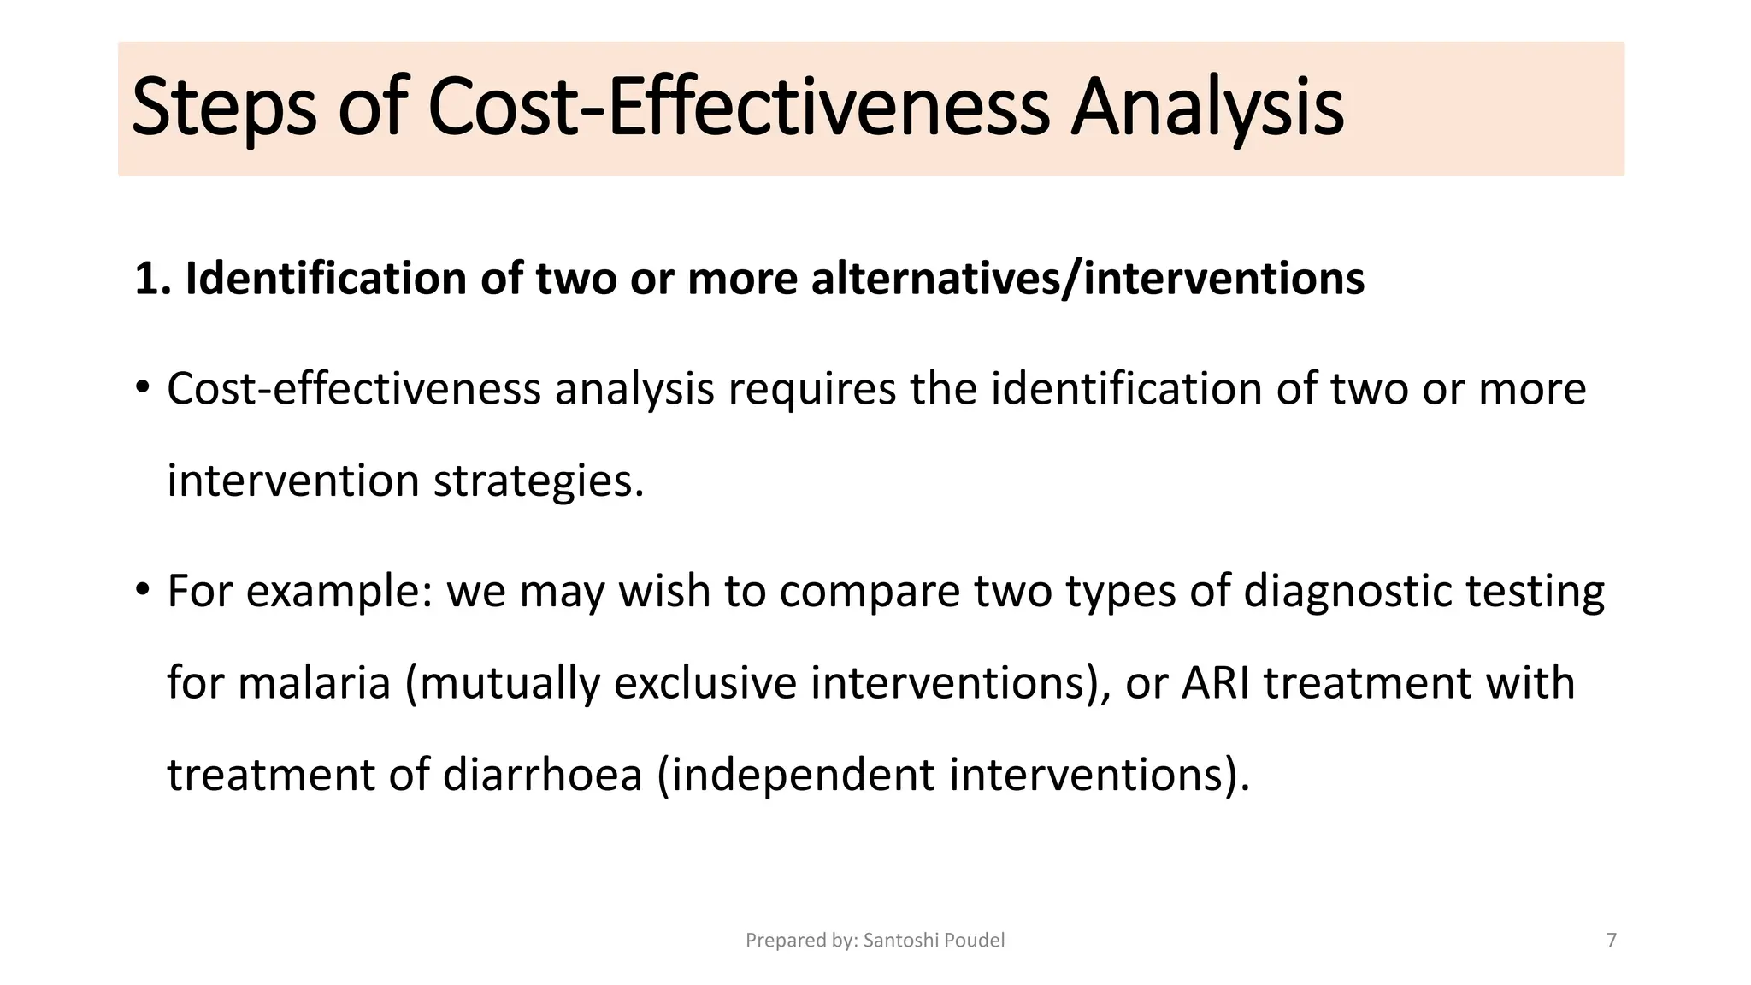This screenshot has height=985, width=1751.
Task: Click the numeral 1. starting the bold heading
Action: tap(153, 279)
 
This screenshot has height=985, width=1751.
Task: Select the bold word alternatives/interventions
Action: tap(1087, 279)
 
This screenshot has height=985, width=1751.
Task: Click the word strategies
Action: tap(538, 481)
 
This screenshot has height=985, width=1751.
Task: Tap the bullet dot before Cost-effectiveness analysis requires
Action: tap(142, 389)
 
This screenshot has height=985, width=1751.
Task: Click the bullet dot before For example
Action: tap(142, 591)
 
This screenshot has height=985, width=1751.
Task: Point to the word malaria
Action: tap(314, 683)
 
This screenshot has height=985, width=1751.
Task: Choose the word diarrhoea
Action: tap(542, 775)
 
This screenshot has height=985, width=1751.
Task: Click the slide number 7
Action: tap(1612, 941)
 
